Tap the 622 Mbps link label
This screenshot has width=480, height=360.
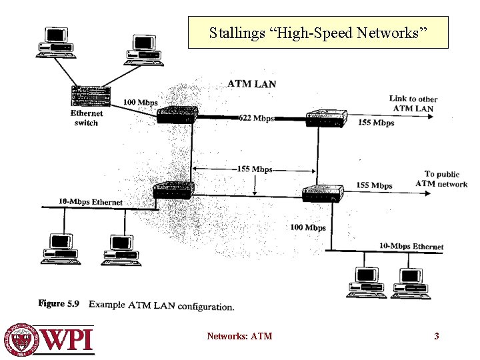pyautogui.click(x=257, y=118)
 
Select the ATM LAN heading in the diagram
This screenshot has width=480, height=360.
pyautogui.click(x=251, y=84)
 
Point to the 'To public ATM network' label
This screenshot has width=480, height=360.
pyautogui.click(x=441, y=179)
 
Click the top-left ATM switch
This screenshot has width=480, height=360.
pyautogui.click(x=177, y=115)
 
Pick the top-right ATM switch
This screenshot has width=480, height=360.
pyautogui.click(x=325, y=118)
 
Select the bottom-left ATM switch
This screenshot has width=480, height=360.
pyautogui.click(x=173, y=191)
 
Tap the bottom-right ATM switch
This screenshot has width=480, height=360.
pyautogui.click(x=323, y=193)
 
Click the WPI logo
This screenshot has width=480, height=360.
pyautogui.click(x=50, y=339)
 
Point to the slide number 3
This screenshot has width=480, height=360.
pyautogui.click(x=437, y=336)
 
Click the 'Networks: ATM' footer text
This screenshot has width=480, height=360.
pyautogui.click(x=239, y=336)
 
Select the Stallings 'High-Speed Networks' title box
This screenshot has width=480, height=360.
pyautogui.click(x=318, y=33)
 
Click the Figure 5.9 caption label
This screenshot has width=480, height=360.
pyautogui.click(x=59, y=304)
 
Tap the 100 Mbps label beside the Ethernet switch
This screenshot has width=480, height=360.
pyautogui.click(x=140, y=103)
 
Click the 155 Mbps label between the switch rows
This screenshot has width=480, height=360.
pyautogui.click(x=255, y=169)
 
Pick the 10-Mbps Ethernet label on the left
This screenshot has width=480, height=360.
pyautogui.click(x=91, y=202)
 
